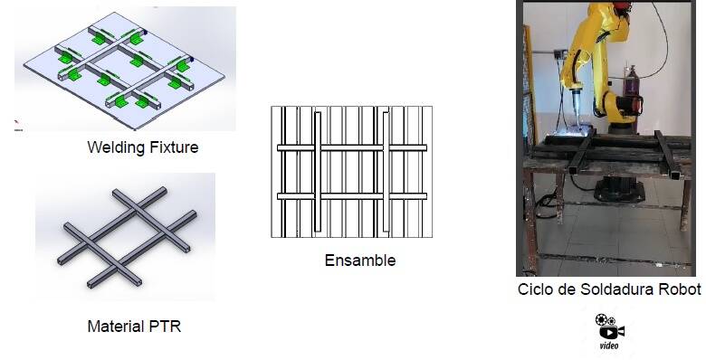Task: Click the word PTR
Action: pos(165,327)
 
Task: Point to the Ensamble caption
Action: pos(360,261)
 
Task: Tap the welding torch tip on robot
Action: pos(577,122)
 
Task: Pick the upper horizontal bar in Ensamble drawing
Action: pos(352,147)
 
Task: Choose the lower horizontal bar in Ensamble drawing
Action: pos(352,196)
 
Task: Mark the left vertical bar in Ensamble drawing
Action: pos(318,172)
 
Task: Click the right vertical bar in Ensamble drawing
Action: pos(386,172)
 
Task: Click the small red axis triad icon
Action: pos(16,122)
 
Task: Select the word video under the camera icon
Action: pos(609,346)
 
